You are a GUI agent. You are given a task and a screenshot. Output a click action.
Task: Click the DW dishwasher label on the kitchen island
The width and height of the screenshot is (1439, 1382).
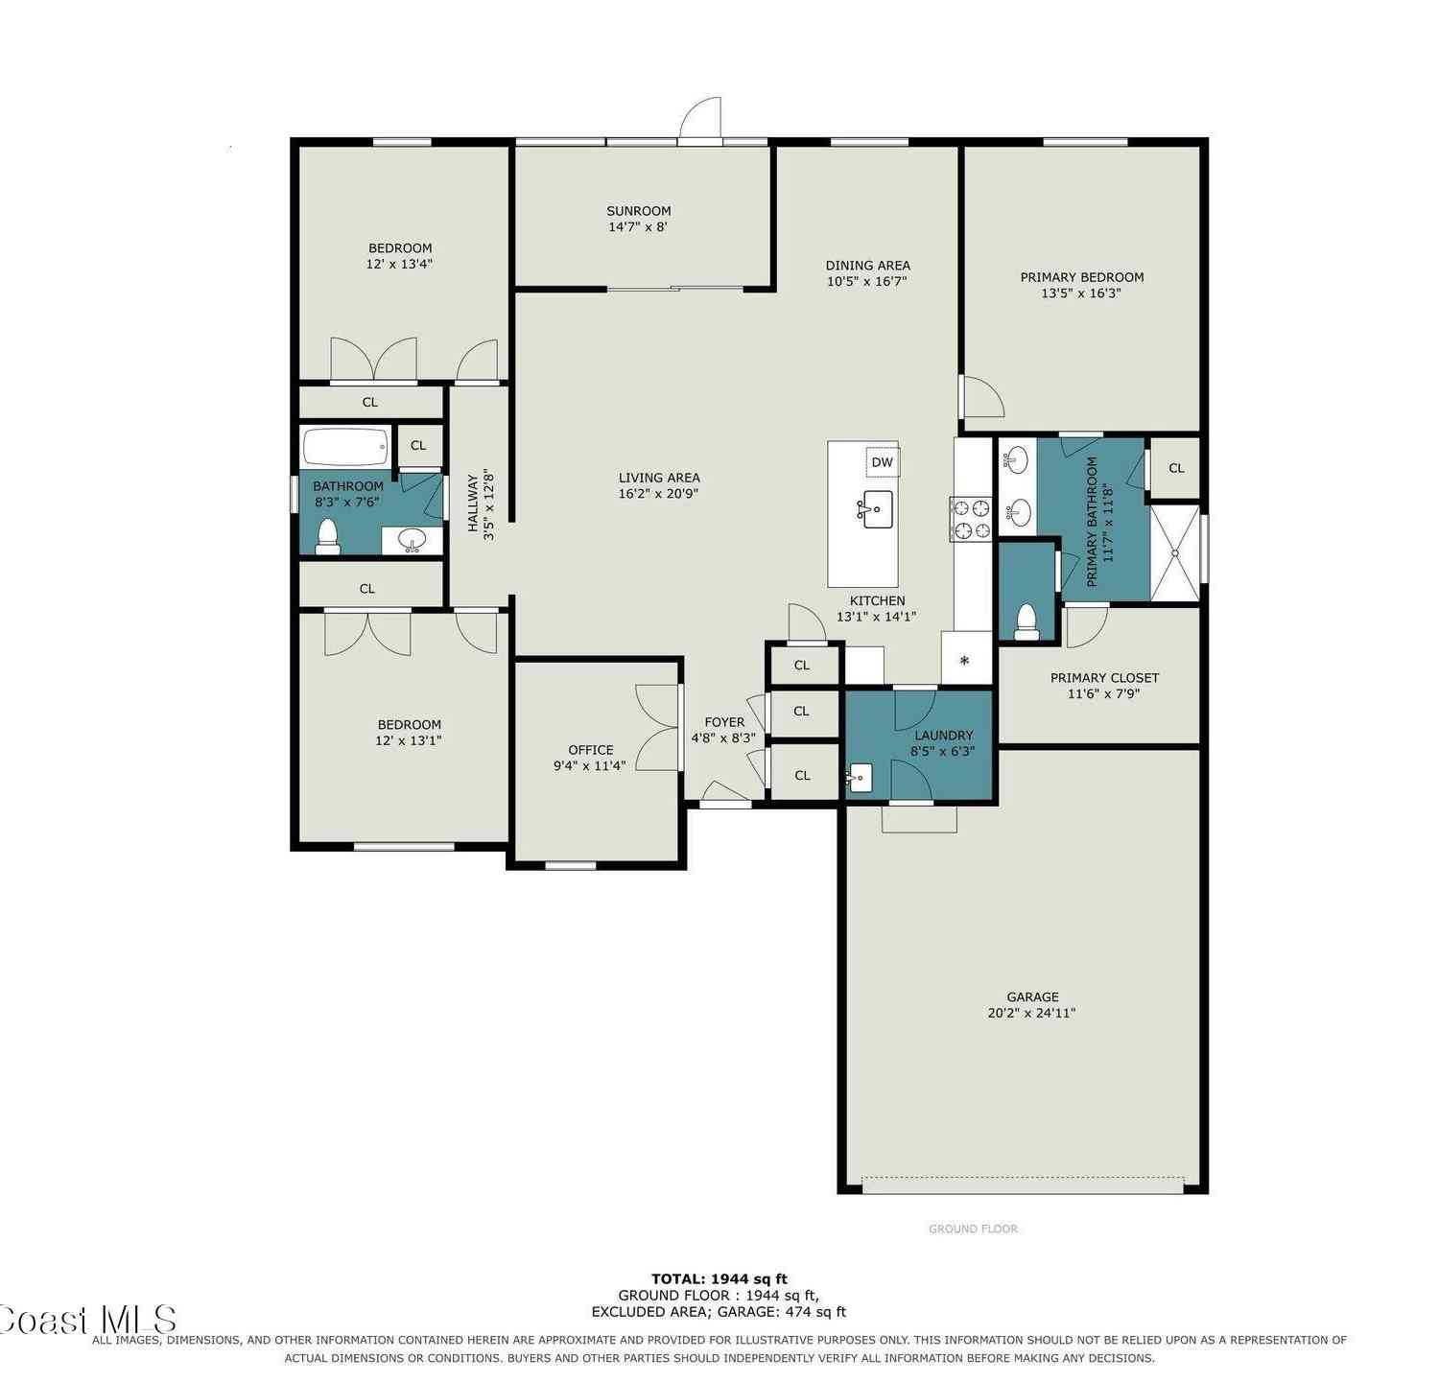(x=882, y=462)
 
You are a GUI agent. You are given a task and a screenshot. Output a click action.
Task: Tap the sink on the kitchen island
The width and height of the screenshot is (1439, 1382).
(x=876, y=508)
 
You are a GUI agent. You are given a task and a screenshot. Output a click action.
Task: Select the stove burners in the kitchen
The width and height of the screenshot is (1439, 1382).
(x=971, y=519)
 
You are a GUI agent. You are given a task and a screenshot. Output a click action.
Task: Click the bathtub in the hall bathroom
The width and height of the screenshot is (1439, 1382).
(x=345, y=447)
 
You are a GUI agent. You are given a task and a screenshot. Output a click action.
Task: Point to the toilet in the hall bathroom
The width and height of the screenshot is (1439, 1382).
(x=327, y=537)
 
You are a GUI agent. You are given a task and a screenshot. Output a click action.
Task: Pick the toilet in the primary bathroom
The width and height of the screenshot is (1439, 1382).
(x=1026, y=622)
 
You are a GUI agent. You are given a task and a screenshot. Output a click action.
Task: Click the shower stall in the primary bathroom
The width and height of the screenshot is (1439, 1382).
(x=1174, y=552)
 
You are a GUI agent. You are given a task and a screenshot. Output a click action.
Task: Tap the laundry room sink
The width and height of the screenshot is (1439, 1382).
(x=861, y=778)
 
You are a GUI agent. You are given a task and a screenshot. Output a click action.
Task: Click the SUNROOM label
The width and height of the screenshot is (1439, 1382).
(x=639, y=211)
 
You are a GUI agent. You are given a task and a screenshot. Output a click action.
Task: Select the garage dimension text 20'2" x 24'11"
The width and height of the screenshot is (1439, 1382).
(x=1032, y=1013)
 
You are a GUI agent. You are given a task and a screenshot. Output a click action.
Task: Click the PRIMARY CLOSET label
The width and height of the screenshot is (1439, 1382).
(x=1104, y=678)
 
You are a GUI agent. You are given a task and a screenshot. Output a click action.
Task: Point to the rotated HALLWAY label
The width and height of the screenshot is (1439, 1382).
(x=473, y=504)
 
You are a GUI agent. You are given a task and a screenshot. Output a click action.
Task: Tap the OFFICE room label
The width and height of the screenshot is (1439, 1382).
(x=591, y=750)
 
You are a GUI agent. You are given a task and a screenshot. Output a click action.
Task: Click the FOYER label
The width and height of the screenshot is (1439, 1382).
(x=724, y=722)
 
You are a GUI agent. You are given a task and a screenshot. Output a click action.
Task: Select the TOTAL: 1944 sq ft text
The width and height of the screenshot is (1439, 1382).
(x=719, y=1278)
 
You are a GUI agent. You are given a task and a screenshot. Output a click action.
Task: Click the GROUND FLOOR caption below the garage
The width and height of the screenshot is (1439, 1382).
(x=973, y=1229)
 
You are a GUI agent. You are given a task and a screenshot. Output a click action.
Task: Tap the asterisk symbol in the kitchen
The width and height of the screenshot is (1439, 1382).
(x=964, y=661)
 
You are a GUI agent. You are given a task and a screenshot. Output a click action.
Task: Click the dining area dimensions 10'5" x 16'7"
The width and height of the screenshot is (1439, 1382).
(x=867, y=282)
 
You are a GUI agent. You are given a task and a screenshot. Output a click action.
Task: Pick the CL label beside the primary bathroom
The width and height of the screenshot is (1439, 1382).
(x=1176, y=468)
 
